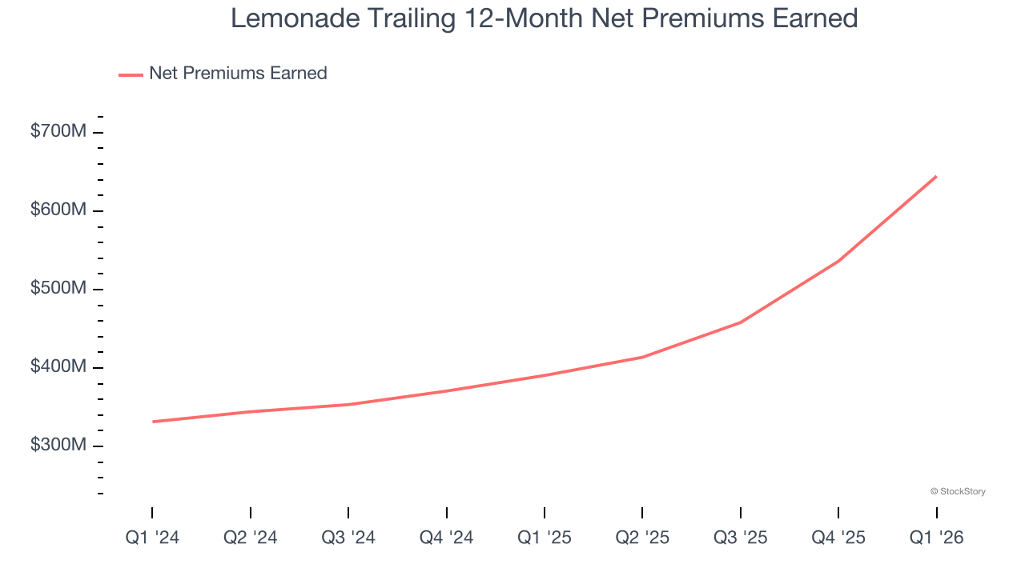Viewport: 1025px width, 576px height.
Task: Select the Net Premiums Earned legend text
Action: tap(238, 74)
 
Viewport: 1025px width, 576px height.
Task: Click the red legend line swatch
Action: tap(131, 74)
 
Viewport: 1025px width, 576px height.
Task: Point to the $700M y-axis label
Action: tap(58, 131)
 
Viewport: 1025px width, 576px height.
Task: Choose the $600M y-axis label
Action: tap(58, 210)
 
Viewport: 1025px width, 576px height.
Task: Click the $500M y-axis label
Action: tap(58, 288)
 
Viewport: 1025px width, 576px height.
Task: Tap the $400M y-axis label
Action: tap(58, 366)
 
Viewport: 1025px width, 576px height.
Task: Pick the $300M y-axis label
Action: tap(58, 445)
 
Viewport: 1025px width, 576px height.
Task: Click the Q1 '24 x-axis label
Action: tap(152, 538)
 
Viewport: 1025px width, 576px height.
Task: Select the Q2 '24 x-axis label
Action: tap(251, 538)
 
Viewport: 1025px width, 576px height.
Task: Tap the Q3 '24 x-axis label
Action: tap(348, 538)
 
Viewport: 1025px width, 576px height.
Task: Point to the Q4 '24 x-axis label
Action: tap(446, 538)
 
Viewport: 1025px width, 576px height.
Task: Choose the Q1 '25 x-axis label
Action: tap(545, 538)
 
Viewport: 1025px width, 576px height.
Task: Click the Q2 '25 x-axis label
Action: tap(642, 538)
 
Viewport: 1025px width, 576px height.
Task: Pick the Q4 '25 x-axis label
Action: tap(838, 538)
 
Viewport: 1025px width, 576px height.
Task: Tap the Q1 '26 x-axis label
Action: tap(936, 538)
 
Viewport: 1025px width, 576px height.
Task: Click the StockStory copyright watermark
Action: tap(958, 491)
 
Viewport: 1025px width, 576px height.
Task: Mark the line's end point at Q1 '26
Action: tap(936, 176)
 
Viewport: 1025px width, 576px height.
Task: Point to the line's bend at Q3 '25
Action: tap(741, 322)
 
